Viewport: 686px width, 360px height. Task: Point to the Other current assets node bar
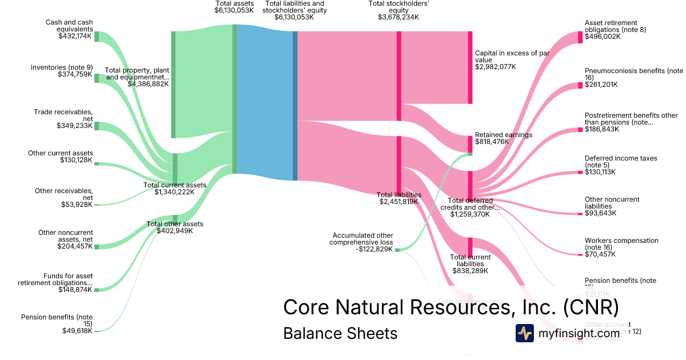(x=97, y=163)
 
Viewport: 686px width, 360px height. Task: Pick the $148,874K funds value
(x=75, y=290)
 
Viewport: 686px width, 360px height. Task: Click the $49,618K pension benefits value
(x=77, y=331)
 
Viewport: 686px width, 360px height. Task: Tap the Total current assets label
(x=174, y=185)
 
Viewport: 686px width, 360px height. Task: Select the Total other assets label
(x=174, y=224)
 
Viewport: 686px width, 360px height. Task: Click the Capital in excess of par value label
(x=512, y=57)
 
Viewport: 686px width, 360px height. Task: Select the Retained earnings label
(x=503, y=135)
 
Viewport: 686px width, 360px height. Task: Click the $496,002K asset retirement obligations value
(x=603, y=37)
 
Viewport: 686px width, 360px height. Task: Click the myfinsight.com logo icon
(x=524, y=333)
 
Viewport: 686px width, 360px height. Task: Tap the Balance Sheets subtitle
(x=340, y=333)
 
